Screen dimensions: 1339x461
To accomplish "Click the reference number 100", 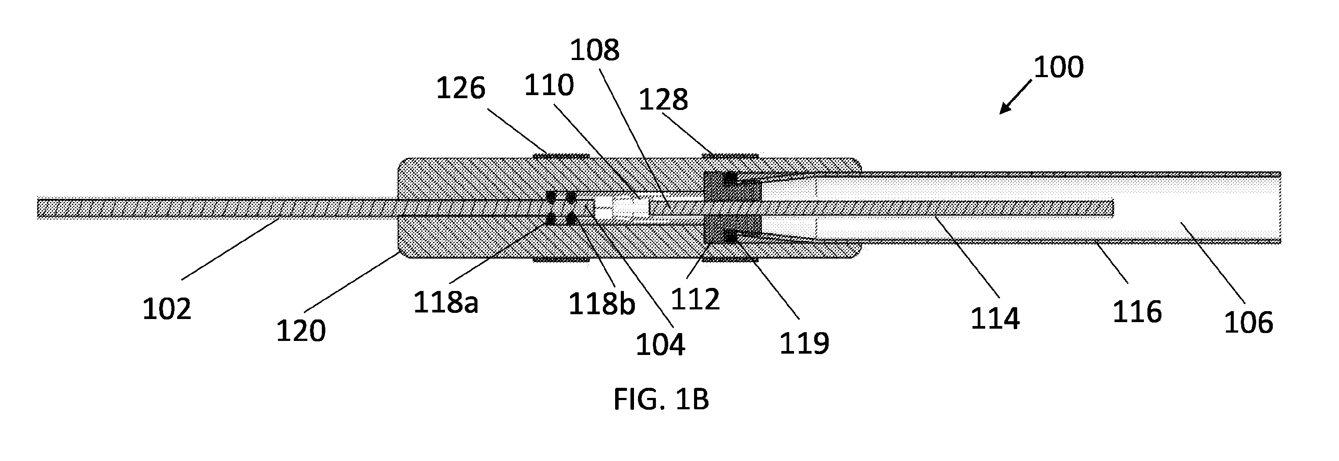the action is pos(1058,67).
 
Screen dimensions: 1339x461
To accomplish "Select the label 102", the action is pos(167,309).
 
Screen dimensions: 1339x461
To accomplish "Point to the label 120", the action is pos(301,330).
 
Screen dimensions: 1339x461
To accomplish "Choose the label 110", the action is pos(549,85).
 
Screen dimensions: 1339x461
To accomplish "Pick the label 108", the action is pos(595,51).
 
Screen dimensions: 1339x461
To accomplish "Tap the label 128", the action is pos(663,99).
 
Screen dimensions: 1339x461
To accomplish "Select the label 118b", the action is pos(602,304).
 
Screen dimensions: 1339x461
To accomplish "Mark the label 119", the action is pos(804,344).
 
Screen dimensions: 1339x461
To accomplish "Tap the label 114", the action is pos(995,319).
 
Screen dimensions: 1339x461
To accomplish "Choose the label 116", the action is pos(1137,312).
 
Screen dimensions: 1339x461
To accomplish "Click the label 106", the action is pos(1249,323).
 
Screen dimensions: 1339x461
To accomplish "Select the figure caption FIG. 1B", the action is pos(661,400).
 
